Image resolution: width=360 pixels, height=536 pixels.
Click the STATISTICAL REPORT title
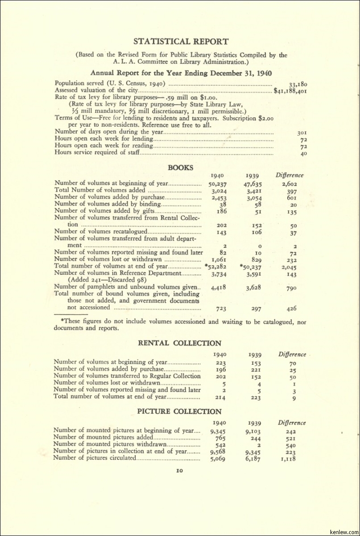click(181, 41)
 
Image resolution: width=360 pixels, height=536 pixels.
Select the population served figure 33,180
click(298, 84)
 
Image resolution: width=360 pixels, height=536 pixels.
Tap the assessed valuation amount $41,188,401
click(290, 91)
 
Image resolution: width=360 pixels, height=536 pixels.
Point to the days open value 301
click(302, 132)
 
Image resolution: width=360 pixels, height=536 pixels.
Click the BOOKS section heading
click(180, 168)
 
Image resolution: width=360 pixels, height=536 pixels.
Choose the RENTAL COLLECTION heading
click(179, 343)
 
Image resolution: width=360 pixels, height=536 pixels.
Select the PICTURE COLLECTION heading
click(179, 411)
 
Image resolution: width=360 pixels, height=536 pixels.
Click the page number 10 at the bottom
click(179, 470)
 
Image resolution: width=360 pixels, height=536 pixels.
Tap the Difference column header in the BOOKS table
click(290, 175)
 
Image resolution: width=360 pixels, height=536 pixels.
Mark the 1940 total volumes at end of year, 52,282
click(217, 267)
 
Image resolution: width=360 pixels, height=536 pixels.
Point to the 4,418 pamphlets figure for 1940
click(218, 288)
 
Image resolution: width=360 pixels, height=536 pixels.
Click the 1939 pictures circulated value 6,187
click(253, 458)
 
